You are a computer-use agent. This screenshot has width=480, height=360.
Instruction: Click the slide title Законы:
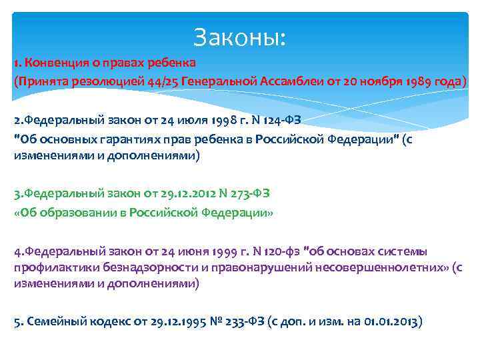(239, 37)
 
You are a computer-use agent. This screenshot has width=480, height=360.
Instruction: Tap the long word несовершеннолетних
(373, 267)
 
